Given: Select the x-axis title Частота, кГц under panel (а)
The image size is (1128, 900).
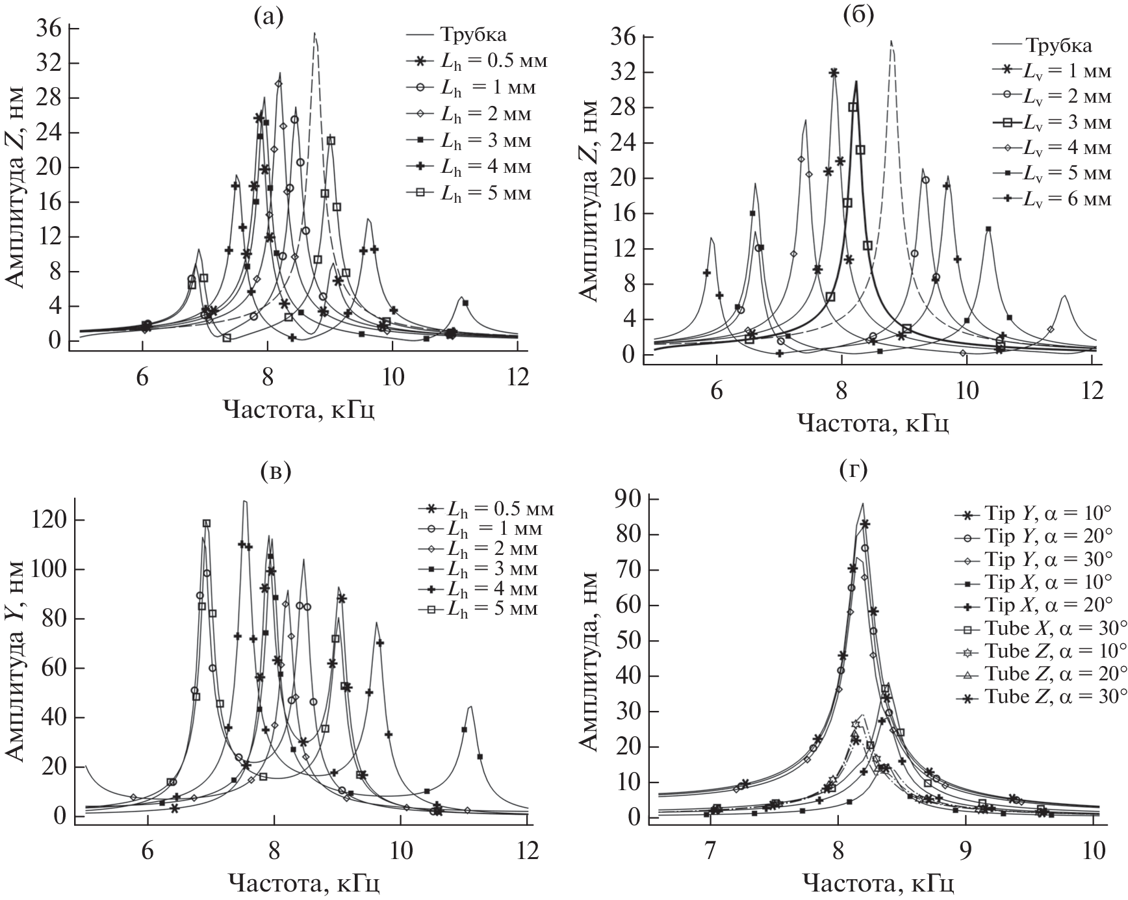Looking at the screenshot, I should coord(299,409).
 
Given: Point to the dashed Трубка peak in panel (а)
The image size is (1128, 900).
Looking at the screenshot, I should coord(315,34).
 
